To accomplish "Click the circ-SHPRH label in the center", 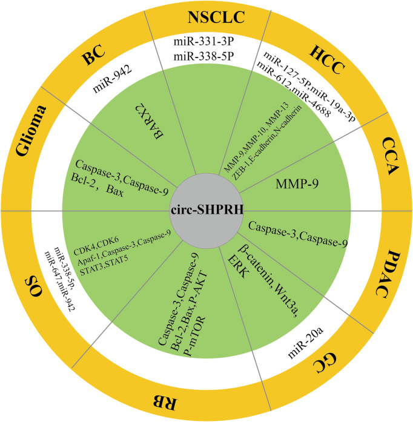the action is (207, 209).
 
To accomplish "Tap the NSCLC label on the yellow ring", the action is (216, 18).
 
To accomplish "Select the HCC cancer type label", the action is (327, 60).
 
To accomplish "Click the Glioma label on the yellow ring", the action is (30, 131).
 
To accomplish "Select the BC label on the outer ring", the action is (93, 55).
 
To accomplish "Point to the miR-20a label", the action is (306, 343).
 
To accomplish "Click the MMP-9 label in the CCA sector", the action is (297, 183).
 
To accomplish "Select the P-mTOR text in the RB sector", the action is (195, 337).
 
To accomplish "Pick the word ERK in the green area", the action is (238, 267).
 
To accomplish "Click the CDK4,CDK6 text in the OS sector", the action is (96, 246).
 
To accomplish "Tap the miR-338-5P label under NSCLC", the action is (203, 56).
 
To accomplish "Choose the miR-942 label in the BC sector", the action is (112, 79).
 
